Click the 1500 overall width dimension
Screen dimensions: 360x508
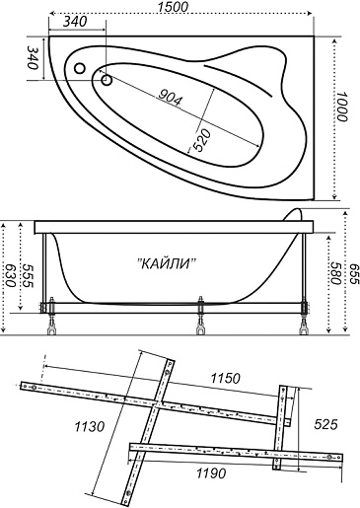[x=173, y=7]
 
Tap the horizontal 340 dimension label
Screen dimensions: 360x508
[x=75, y=22]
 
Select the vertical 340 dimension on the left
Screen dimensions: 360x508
[x=33, y=57]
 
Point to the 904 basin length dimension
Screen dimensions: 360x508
[x=170, y=98]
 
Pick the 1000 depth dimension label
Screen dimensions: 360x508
[x=341, y=107]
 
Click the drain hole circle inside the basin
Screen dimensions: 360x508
[x=107, y=80]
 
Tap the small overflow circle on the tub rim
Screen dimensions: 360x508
[x=80, y=68]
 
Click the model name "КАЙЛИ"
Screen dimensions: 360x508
[x=166, y=263]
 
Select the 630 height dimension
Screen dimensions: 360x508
[x=10, y=275]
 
